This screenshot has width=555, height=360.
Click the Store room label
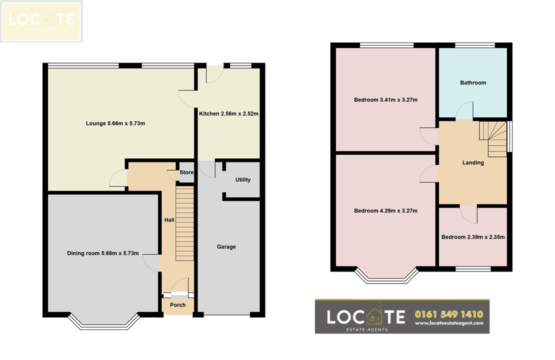186,172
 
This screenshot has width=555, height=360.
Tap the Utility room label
243,180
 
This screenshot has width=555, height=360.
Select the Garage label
226,246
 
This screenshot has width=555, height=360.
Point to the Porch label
177,305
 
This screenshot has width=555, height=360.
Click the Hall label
169,220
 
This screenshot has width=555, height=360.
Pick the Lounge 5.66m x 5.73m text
115,123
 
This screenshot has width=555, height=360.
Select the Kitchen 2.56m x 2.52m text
228,113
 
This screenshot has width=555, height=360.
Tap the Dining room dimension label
103,253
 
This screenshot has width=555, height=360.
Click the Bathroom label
473,82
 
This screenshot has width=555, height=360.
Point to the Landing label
473,162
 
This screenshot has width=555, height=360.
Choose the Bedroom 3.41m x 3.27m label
385,100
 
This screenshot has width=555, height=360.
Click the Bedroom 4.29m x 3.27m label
385,210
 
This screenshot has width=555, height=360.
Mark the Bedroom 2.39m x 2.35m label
473,237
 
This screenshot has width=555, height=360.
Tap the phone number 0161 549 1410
449,314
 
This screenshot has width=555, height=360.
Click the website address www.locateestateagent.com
449,323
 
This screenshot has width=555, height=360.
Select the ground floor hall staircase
185,223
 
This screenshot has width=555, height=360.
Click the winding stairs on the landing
492,139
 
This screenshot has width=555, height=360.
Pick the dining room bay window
103,321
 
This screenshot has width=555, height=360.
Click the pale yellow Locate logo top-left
41,21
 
